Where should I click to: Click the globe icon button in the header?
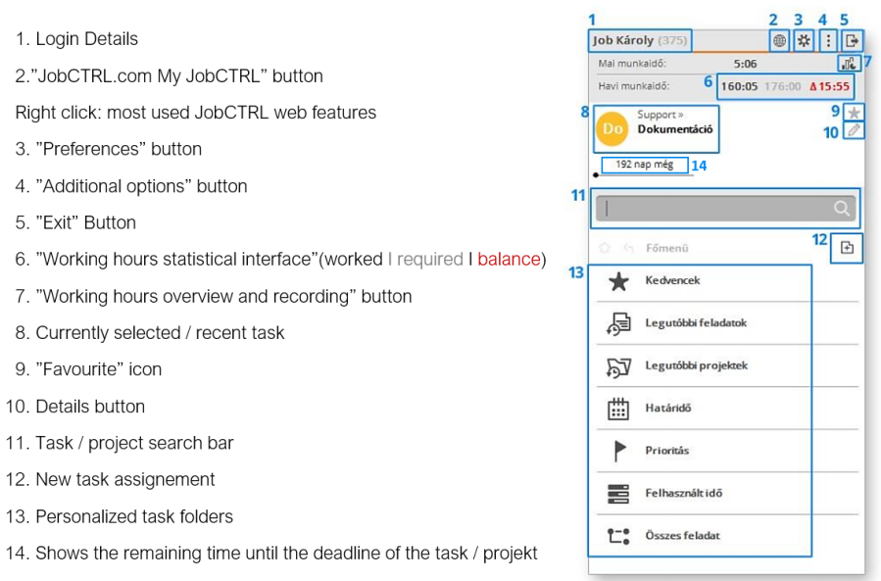pos(779,41)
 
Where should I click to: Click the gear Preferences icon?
pos(804,41)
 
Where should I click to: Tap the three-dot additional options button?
pos(828,41)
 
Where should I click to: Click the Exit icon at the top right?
pos(852,41)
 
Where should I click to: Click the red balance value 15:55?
pos(830,86)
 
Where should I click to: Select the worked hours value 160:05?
pos(739,86)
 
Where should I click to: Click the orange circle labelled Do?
pos(613,128)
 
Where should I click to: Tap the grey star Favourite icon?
pos(854,113)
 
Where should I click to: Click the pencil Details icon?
pos(854,130)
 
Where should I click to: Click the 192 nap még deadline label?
pos(644,165)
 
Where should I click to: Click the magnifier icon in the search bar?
pos(842,208)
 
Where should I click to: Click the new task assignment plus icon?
pos(847,248)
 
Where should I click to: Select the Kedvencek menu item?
pos(671,281)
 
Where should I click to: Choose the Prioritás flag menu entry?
pos(666,451)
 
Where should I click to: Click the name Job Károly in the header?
pos(623,41)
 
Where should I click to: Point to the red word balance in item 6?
pos(509,260)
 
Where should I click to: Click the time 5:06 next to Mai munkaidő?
pos(745,64)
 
